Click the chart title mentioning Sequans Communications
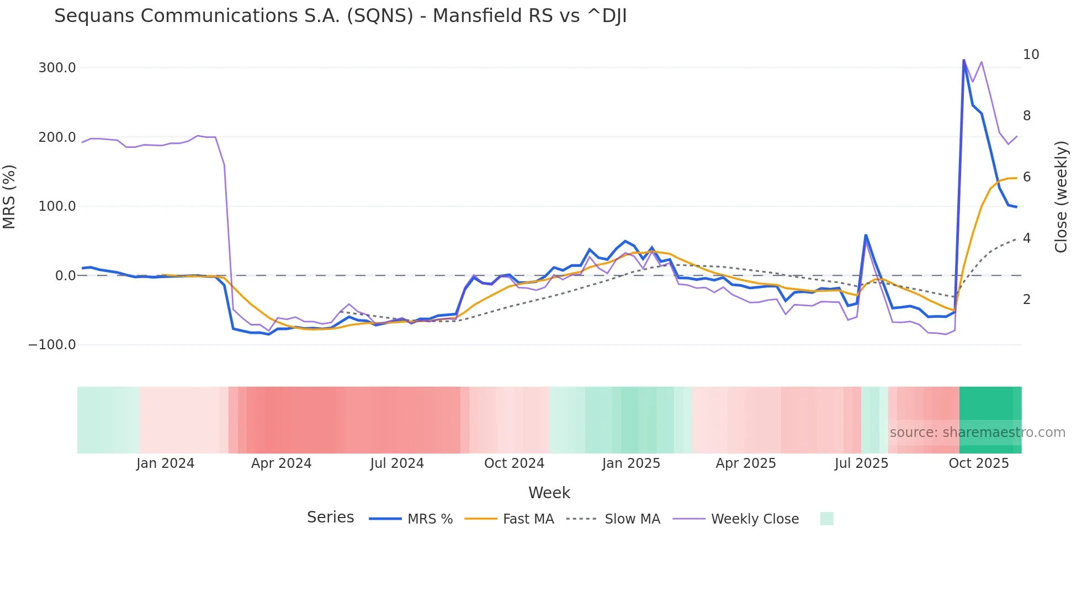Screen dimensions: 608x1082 (x=340, y=16)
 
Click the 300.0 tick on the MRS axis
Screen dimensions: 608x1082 (x=57, y=68)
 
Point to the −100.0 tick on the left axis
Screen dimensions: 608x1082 (x=52, y=345)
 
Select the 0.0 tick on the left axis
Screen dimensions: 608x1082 (x=65, y=275)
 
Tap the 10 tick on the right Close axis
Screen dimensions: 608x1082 (x=1031, y=55)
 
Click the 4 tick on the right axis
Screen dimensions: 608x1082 (x=1027, y=238)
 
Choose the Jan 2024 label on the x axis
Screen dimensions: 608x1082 (x=165, y=463)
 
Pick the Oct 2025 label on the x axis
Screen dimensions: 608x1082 (x=978, y=463)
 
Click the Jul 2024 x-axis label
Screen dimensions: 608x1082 (x=397, y=463)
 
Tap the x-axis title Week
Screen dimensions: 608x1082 (x=549, y=493)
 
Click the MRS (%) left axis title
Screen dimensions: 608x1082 (x=9, y=196)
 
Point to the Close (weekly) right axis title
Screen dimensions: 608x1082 (x=1060, y=196)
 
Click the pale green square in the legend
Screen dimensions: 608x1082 (x=826, y=519)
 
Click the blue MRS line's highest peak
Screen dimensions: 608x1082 (x=964, y=60)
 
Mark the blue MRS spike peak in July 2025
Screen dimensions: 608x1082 (x=866, y=236)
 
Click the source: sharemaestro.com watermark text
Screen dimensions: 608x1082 (x=977, y=433)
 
